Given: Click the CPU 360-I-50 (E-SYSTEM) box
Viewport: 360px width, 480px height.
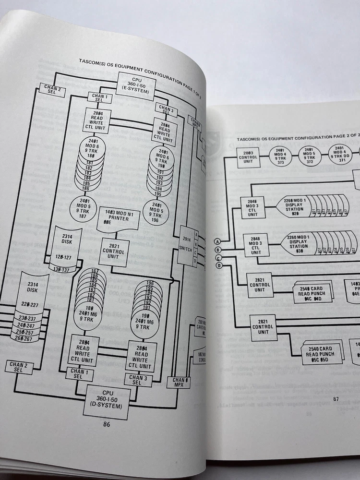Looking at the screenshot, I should (x=137, y=86).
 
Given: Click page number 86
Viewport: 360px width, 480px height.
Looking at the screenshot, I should (x=107, y=423).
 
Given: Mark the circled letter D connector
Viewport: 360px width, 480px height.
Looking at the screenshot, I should (x=219, y=265).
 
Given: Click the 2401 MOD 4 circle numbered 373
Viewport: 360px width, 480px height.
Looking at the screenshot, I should (x=281, y=157).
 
